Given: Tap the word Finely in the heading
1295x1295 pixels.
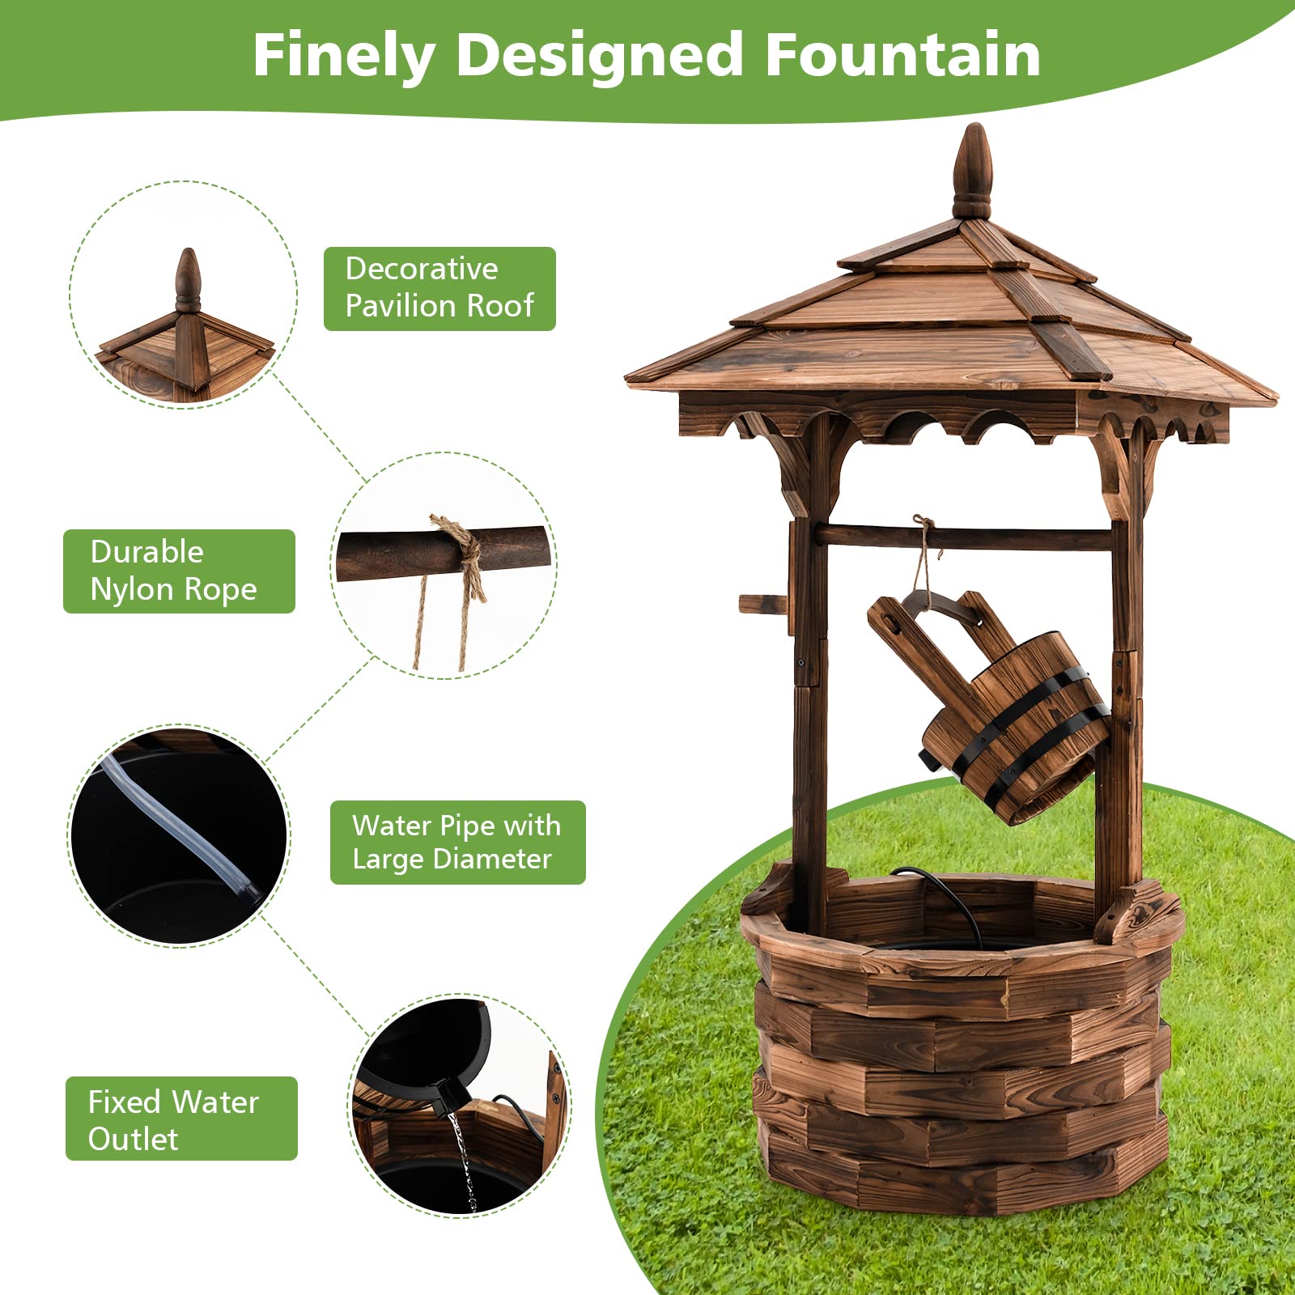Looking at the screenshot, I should point(343,57).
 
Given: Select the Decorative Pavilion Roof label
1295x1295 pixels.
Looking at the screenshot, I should point(439,288).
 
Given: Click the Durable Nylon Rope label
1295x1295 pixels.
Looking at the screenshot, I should point(179,571).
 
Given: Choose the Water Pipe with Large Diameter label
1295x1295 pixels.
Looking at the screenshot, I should point(457,842).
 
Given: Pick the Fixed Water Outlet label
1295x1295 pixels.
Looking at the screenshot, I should point(181,1119).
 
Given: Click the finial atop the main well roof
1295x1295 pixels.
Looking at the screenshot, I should point(972,172).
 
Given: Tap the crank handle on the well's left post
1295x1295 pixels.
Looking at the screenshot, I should point(762,604).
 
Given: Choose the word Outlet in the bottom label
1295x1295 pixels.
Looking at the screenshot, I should point(133,1139).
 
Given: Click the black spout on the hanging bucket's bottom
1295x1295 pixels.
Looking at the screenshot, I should point(928,759).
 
